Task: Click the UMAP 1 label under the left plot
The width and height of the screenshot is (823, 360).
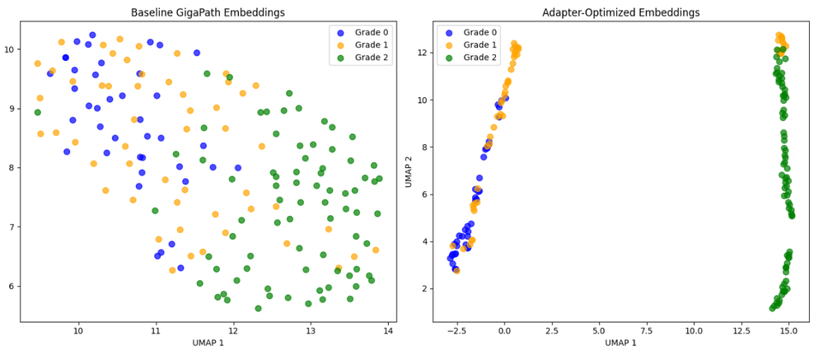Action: click(x=208, y=341)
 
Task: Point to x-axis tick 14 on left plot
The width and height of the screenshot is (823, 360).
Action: click(x=388, y=330)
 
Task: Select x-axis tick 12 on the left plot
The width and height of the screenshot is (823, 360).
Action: click(x=233, y=330)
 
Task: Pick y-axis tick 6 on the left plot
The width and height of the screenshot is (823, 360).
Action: click(x=12, y=286)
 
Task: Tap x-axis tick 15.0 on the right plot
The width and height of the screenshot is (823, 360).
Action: click(x=788, y=330)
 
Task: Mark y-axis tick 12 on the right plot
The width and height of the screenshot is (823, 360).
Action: click(x=423, y=53)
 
